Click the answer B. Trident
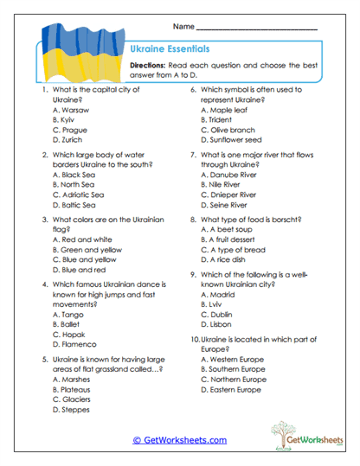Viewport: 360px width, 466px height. (220, 120)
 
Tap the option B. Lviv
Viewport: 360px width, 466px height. (215, 304)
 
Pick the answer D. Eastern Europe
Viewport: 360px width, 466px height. (231, 389)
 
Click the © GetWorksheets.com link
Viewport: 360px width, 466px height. (179, 440)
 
